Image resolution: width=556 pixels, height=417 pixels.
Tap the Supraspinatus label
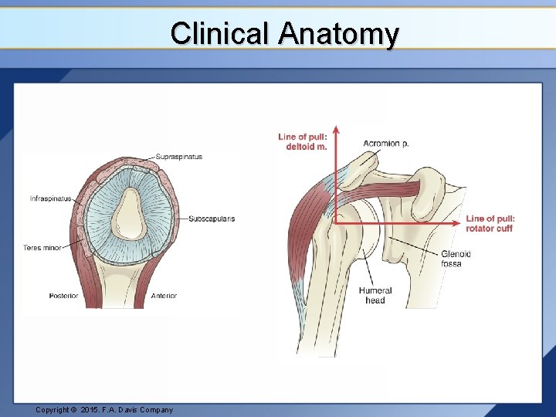pos(179,157)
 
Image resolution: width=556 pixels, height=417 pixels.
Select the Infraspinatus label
pos(50,198)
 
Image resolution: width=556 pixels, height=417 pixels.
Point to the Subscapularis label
pos(212,219)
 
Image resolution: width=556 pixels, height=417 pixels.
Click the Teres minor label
pos(42,248)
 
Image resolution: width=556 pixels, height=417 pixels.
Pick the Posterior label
pos(63,296)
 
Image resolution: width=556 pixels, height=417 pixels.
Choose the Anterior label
pos(164,296)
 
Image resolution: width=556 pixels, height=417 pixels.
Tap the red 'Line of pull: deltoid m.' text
pos(303,141)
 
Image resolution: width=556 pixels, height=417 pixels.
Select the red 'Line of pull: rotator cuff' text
pos(490,223)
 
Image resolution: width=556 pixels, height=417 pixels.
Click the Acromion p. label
pos(386,143)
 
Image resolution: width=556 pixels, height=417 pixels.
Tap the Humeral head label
pos(375,295)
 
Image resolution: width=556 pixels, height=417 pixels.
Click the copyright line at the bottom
pos(104,410)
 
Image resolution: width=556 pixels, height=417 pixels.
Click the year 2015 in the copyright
pos(91,410)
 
